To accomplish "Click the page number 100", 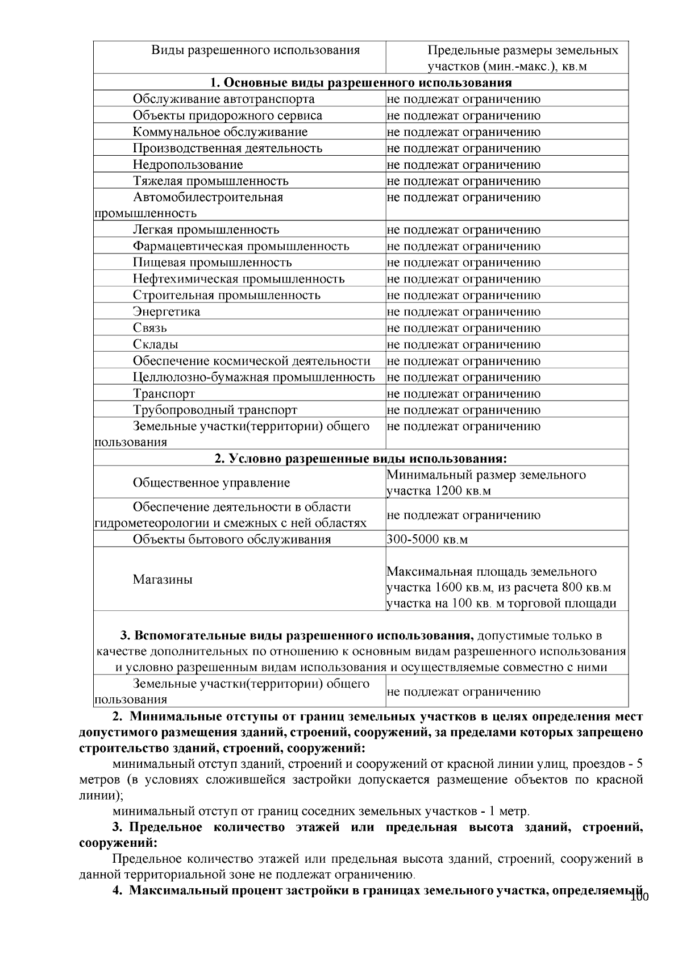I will (x=639, y=897).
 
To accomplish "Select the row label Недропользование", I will (x=188, y=165).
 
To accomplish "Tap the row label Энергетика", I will (x=166, y=311).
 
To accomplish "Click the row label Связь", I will (x=150, y=328).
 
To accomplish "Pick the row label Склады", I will (x=155, y=344).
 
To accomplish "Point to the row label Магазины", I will (x=163, y=580).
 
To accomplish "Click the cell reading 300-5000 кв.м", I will (x=427, y=539).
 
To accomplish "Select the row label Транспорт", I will (x=164, y=393).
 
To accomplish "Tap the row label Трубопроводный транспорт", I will (x=215, y=410).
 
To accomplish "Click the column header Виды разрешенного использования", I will (x=255, y=50).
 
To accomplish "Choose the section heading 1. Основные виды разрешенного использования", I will (x=361, y=83).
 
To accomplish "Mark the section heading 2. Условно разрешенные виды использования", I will (x=361, y=459).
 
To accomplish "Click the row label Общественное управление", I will (x=211, y=483).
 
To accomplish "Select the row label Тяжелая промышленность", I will (x=210, y=181).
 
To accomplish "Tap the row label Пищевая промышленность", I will (x=212, y=263).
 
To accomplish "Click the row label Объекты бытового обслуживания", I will (x=231, y=539).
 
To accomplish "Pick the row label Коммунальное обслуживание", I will (x=220, y=132).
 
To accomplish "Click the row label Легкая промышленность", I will (x=206, y=230).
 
